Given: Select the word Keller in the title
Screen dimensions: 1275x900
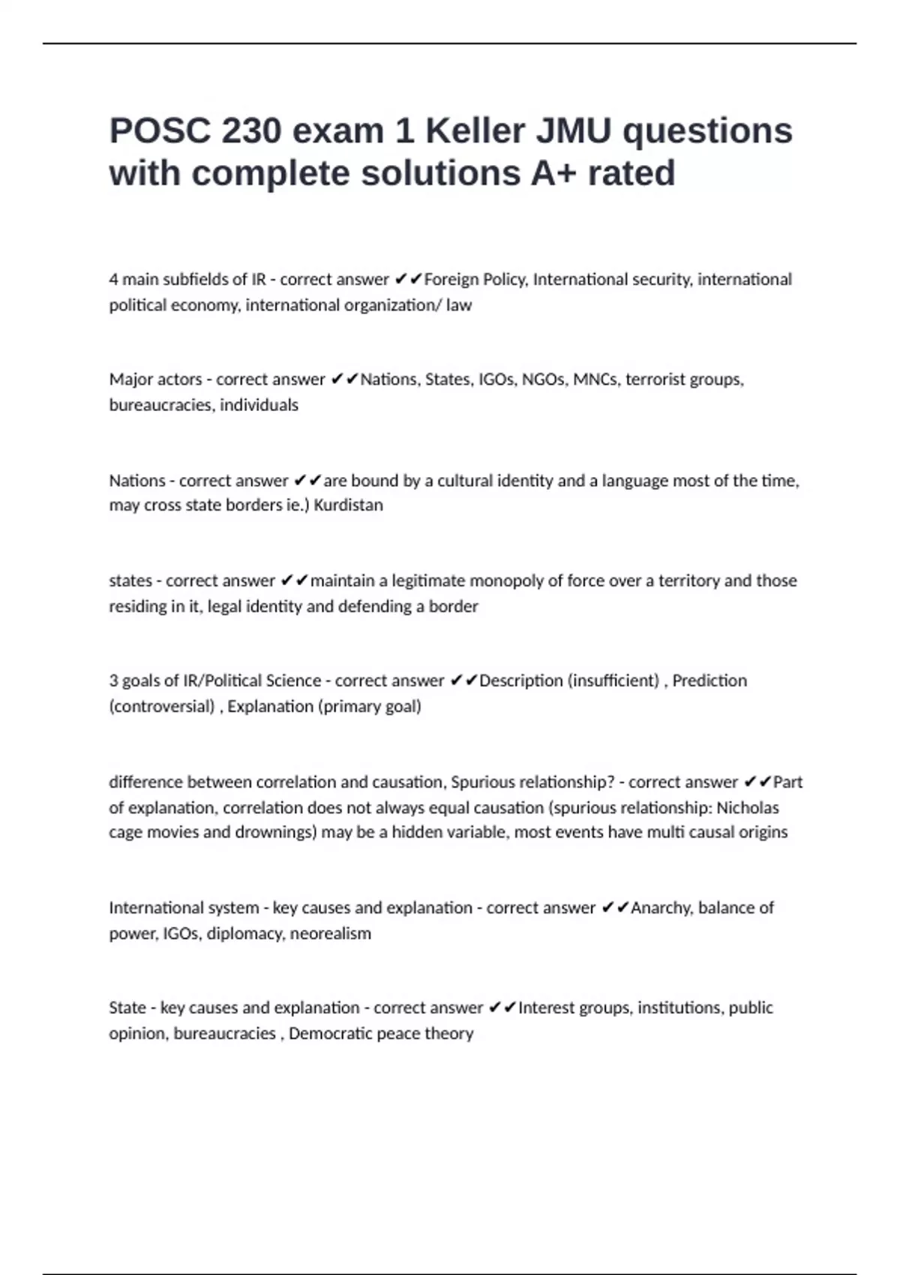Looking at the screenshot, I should (x=475, y=131).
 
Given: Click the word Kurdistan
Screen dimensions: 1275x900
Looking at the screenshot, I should (x=348, y=505).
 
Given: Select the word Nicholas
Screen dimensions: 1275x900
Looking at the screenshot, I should (x=748, y=808).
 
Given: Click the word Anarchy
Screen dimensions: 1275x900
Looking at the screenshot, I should (x=662, y=908).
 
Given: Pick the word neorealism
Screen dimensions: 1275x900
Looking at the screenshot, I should (x=331, y=934).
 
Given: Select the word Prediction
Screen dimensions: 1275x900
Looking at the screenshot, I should (x=709, y=681).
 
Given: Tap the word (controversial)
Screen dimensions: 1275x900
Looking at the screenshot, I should (x=162, y=706).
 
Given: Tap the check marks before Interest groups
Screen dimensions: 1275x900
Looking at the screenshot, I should (x=502, y=1008).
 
